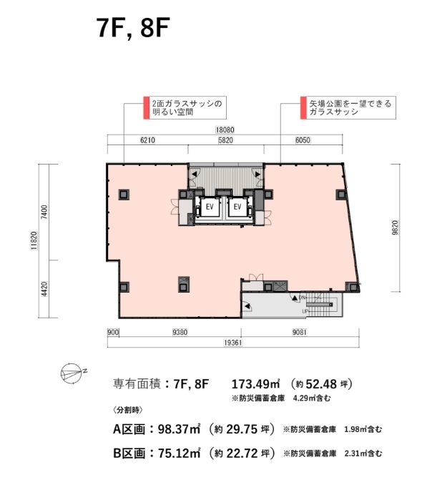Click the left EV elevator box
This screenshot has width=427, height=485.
coord(210,207)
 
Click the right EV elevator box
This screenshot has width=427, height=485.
coord(237,207)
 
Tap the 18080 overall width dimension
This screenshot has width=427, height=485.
coord(225,130)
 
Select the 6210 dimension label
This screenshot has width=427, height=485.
coord(147,140)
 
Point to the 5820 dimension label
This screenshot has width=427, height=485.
coord(225,140)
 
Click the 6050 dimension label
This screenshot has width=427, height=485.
coord(303,140)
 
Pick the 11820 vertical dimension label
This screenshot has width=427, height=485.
coord(34,240)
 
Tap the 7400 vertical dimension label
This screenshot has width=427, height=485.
coord(44,212)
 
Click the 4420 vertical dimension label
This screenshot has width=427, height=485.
coord(44,289)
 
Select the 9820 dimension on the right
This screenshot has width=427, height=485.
coord(395,228)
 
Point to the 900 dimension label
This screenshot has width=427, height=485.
coord(113,332)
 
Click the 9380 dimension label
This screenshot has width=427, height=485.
coord(180,332)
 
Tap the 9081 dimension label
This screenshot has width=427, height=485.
coord(299,332)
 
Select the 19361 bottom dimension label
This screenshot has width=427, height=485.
coord(233,343)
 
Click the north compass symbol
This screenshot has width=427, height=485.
coord(73,373)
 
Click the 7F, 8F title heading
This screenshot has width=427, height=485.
coord(133,27)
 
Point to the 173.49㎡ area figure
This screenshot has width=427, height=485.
coord(256,384)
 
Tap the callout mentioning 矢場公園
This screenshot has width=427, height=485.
coord(348,107)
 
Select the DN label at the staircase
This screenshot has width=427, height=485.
coord(302,298)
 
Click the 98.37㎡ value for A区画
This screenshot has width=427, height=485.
coord(179,429)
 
